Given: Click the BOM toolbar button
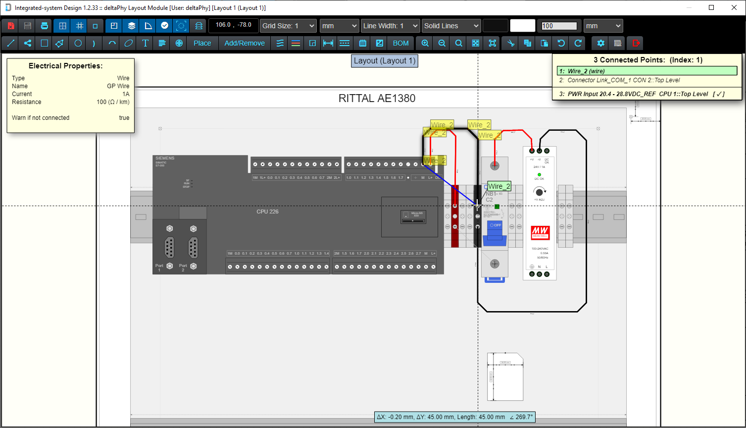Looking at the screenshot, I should tap(400, 43).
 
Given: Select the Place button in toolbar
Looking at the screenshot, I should tap(202, 43).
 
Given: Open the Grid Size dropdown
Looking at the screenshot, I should tap(288, 26).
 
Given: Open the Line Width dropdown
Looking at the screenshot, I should tap(390, 26).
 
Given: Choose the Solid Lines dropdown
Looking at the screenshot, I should tap(451, 26).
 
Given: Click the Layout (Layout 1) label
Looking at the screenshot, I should tap(384, 61).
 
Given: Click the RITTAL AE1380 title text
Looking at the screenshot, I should tap(377, 98).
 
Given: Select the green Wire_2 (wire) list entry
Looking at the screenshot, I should tap(647, 71).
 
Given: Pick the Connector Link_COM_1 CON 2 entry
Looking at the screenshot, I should tap(647, 80).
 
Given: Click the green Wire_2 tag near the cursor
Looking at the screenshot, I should tap(499, 186).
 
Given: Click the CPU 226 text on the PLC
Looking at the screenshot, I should tap(267, 212).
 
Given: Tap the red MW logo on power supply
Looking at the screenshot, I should tap(539, 232).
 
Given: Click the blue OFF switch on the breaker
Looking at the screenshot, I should tap(495, 225).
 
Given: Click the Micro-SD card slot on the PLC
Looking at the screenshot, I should tap(413, 217).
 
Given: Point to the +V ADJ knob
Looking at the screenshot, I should tap(539, 192).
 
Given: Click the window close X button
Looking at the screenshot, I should tap(734, 7).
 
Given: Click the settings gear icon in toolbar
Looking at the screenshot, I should tap(600, 43).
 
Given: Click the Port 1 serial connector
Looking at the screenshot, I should tap(170, 248).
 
